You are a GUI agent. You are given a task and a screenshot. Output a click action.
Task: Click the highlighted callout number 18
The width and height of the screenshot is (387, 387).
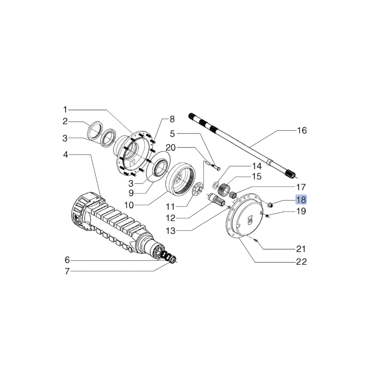coord(301,200)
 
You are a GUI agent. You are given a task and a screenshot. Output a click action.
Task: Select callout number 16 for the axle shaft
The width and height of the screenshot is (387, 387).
coord(301,130)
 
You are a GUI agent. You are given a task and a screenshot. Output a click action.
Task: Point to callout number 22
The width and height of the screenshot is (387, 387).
coord(301,262)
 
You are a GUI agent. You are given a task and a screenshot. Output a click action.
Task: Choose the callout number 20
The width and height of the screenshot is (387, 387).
coord(171,147)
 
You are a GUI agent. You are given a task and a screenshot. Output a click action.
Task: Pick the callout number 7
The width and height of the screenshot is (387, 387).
coord(67,271)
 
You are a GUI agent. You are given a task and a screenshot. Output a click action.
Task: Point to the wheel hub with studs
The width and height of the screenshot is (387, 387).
coord(134,153)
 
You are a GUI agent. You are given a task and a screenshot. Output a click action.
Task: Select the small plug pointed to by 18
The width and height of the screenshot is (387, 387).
coord(271,204)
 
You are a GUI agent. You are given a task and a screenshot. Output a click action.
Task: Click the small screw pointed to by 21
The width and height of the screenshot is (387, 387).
coord(256,241)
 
